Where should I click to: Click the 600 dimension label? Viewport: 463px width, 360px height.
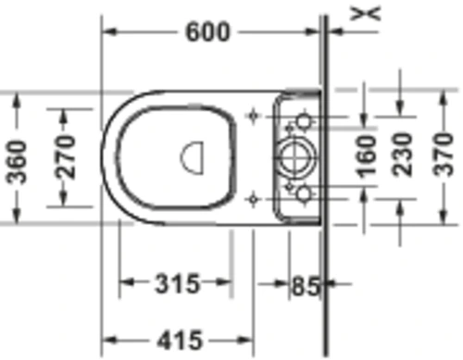(x=207, y=31)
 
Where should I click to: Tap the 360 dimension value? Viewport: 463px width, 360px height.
(x=17, y=162)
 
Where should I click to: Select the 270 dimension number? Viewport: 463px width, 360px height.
(x=65, y=157)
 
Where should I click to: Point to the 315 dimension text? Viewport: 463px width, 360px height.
(x=177, y=284)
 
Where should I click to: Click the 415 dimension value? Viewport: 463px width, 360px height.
(x=180, y=341)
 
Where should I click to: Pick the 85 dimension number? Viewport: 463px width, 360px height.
(x=305, y=286)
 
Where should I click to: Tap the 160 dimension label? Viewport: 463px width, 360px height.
(x=367, y=157)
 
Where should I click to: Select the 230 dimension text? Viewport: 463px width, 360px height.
(x=402, y=155)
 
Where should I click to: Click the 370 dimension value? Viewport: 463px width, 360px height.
(x=444, y=154)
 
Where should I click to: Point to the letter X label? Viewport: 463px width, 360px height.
(x=366, y=13)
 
